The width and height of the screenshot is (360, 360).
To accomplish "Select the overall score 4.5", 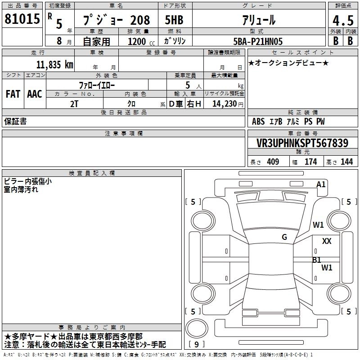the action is point(342,20).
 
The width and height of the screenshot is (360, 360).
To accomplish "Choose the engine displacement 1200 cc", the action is point(141,41).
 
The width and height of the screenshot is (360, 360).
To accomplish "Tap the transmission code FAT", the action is point(13,94).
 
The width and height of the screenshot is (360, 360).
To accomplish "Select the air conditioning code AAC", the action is point(35,94).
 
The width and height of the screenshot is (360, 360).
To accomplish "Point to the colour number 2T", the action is point(74,104).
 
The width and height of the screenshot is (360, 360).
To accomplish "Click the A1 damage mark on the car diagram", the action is point(321,184).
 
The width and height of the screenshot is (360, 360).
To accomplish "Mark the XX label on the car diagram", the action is point(327,242).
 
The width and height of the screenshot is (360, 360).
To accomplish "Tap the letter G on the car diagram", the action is point(284,237).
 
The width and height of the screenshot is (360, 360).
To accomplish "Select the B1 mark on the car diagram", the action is point(317,260).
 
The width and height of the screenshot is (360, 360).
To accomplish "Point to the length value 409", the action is point(273,162).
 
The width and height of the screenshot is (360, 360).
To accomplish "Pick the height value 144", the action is point(346,162).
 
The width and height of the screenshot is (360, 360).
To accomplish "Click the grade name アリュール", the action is point(259,20).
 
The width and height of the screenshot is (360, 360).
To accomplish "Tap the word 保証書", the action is point(15,122).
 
